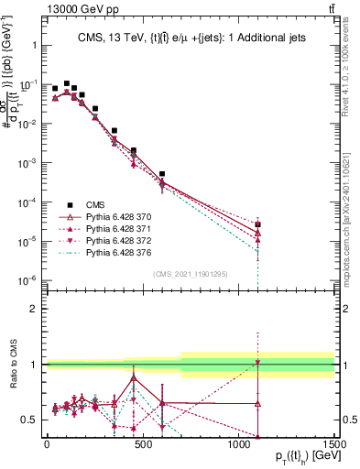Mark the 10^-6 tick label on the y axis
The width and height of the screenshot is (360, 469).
coord(26,280)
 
